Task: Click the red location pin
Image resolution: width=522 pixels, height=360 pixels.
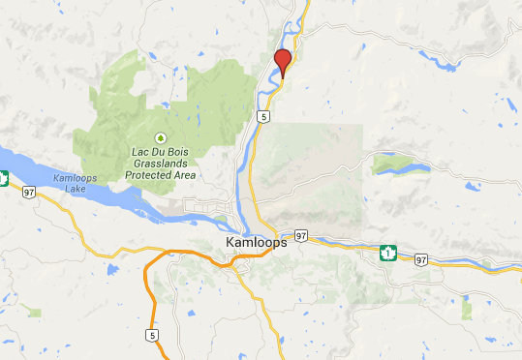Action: [283, 61]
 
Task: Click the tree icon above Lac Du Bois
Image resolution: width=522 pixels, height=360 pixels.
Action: [162, 136]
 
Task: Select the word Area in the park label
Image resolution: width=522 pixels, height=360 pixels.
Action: [184, 175]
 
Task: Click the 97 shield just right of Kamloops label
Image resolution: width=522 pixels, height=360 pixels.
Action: [301, 235]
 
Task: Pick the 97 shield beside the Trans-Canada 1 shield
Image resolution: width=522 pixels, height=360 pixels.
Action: [420, 259]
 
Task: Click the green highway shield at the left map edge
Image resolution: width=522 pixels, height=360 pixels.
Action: [4, 178]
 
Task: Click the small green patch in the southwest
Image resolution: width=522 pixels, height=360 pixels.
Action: [35, 313]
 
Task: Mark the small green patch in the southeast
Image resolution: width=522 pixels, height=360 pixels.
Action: [467, 310]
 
